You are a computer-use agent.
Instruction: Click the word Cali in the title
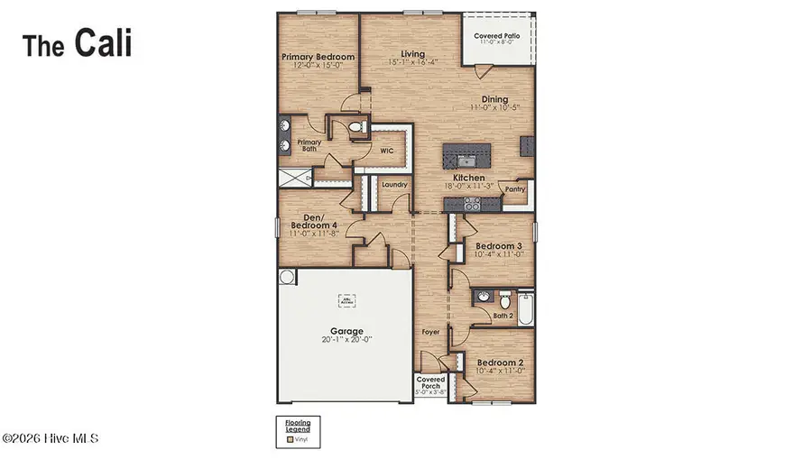(x=103, y=42)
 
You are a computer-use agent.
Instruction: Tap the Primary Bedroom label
(x=318, y=57)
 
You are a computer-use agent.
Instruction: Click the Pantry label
(x=515, y=189)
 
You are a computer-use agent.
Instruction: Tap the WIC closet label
(x=386, y=151)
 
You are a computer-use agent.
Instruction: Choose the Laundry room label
(x=394, y=185)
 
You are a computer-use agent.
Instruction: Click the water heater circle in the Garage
(x=286, y=276)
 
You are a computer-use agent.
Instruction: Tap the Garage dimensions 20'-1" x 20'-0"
(x=345, y=339)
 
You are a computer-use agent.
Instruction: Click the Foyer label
(x=431, y=332)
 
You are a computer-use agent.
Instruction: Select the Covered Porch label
(x=430, y=383)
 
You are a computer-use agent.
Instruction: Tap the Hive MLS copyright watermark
(x=50, y=438)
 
